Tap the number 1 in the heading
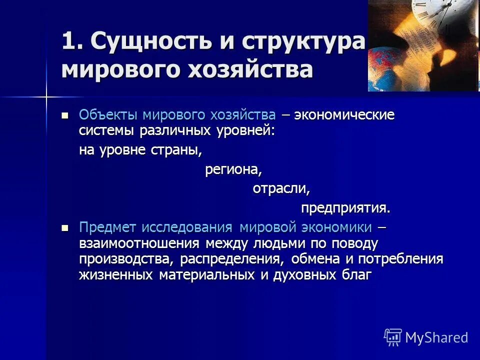tap(71, 41)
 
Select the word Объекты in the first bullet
tap(108, 115)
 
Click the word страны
tap(175, 150)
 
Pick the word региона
tap(233, 170)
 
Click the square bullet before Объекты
tap(64, 115)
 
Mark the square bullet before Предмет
tap(64, 228)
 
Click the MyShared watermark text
tap(436, 337)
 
